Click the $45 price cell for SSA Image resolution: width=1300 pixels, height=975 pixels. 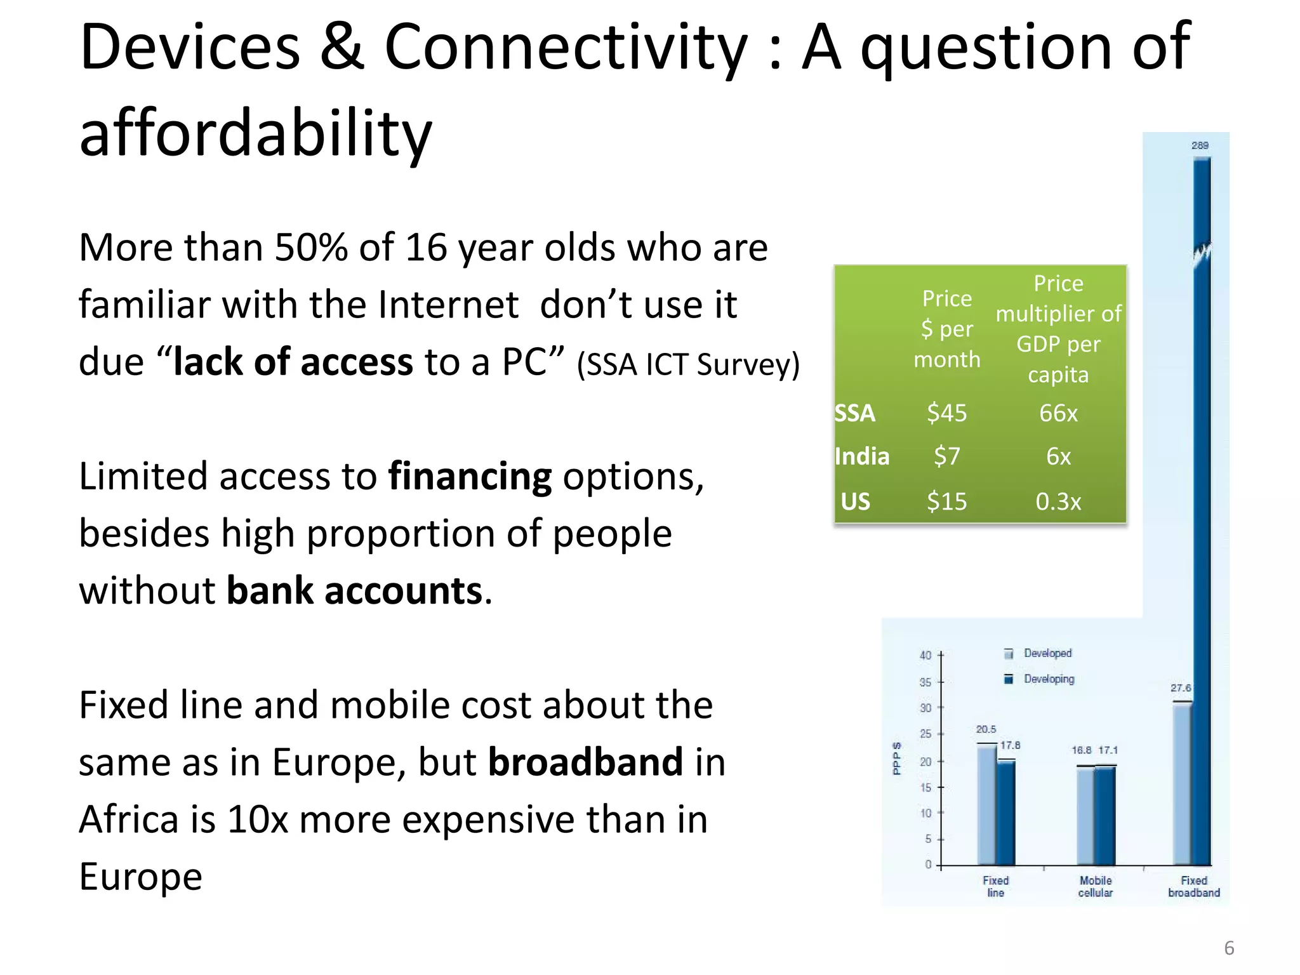[x=946, y=413]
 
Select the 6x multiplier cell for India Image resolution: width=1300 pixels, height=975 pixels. [x=1058, y=456]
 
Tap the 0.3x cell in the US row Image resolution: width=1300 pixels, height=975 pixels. [x=1058, y=501]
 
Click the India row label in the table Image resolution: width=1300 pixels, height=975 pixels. [x=862, y=456]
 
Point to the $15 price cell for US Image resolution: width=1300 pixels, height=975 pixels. [x=946, y=501]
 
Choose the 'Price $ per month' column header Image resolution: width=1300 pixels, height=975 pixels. [x=946, y=329]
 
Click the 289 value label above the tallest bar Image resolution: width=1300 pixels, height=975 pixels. [x=1200, y=145]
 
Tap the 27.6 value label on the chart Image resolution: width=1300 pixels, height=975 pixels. [x=1181, y=687]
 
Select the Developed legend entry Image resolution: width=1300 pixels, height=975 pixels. [x=1047, y=653]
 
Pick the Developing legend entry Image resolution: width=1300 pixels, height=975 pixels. [x=1048, y=679]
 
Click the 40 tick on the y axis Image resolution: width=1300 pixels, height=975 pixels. [x=925, y=655]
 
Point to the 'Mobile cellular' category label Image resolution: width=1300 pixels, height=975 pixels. [x=1096, y=886]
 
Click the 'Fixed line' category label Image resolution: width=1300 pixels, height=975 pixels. [x=995, y=886]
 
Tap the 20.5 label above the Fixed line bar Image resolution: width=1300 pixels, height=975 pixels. [x=986, y=729]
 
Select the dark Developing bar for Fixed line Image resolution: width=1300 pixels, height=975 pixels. [x=1006, y=812]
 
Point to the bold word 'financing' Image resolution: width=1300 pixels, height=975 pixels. [x=470, y=476]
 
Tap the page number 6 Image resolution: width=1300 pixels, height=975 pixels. [x=1229, y=948]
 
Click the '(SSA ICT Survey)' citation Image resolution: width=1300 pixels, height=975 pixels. [x=688, y=364]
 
